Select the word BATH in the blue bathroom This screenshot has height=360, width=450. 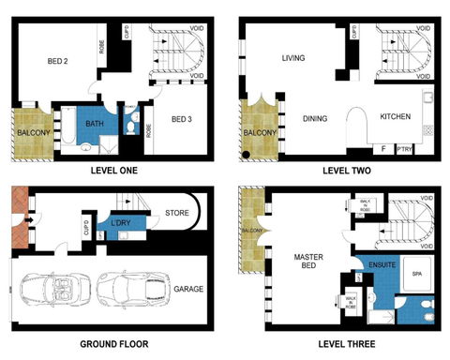(x=93, y=123)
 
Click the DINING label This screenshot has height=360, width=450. (x=314, y=118)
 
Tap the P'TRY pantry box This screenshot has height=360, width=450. (x=405, y=148)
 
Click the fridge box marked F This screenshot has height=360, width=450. (x=382, y=148)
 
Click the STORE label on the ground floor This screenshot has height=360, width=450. (x=176, y=214)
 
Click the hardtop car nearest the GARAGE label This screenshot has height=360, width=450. (x=131, y=287)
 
